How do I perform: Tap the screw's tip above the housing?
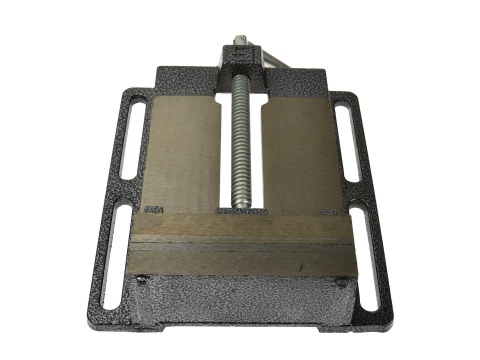tap(240, 43)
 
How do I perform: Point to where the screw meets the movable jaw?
tap(240, 209)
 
